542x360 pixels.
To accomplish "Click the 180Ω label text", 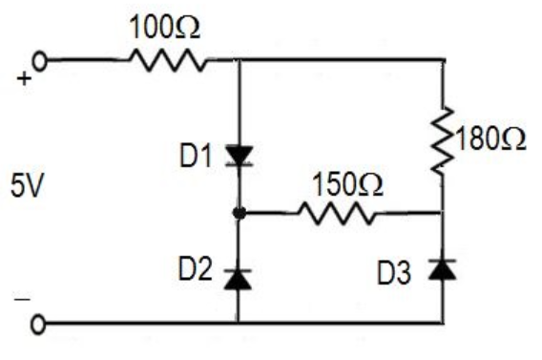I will [491, 139].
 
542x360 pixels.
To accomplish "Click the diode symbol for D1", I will [238, 155].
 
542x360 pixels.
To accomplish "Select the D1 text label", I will [195, 153].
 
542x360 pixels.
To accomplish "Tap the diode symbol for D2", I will [238, 276].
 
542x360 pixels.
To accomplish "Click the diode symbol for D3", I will [443, 269].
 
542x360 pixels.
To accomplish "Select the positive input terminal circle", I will [40, 61].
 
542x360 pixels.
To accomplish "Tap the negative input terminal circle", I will [39, 325].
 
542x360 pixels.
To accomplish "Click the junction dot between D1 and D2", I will [238, 213].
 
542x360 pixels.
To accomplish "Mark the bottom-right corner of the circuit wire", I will [443, 325].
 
